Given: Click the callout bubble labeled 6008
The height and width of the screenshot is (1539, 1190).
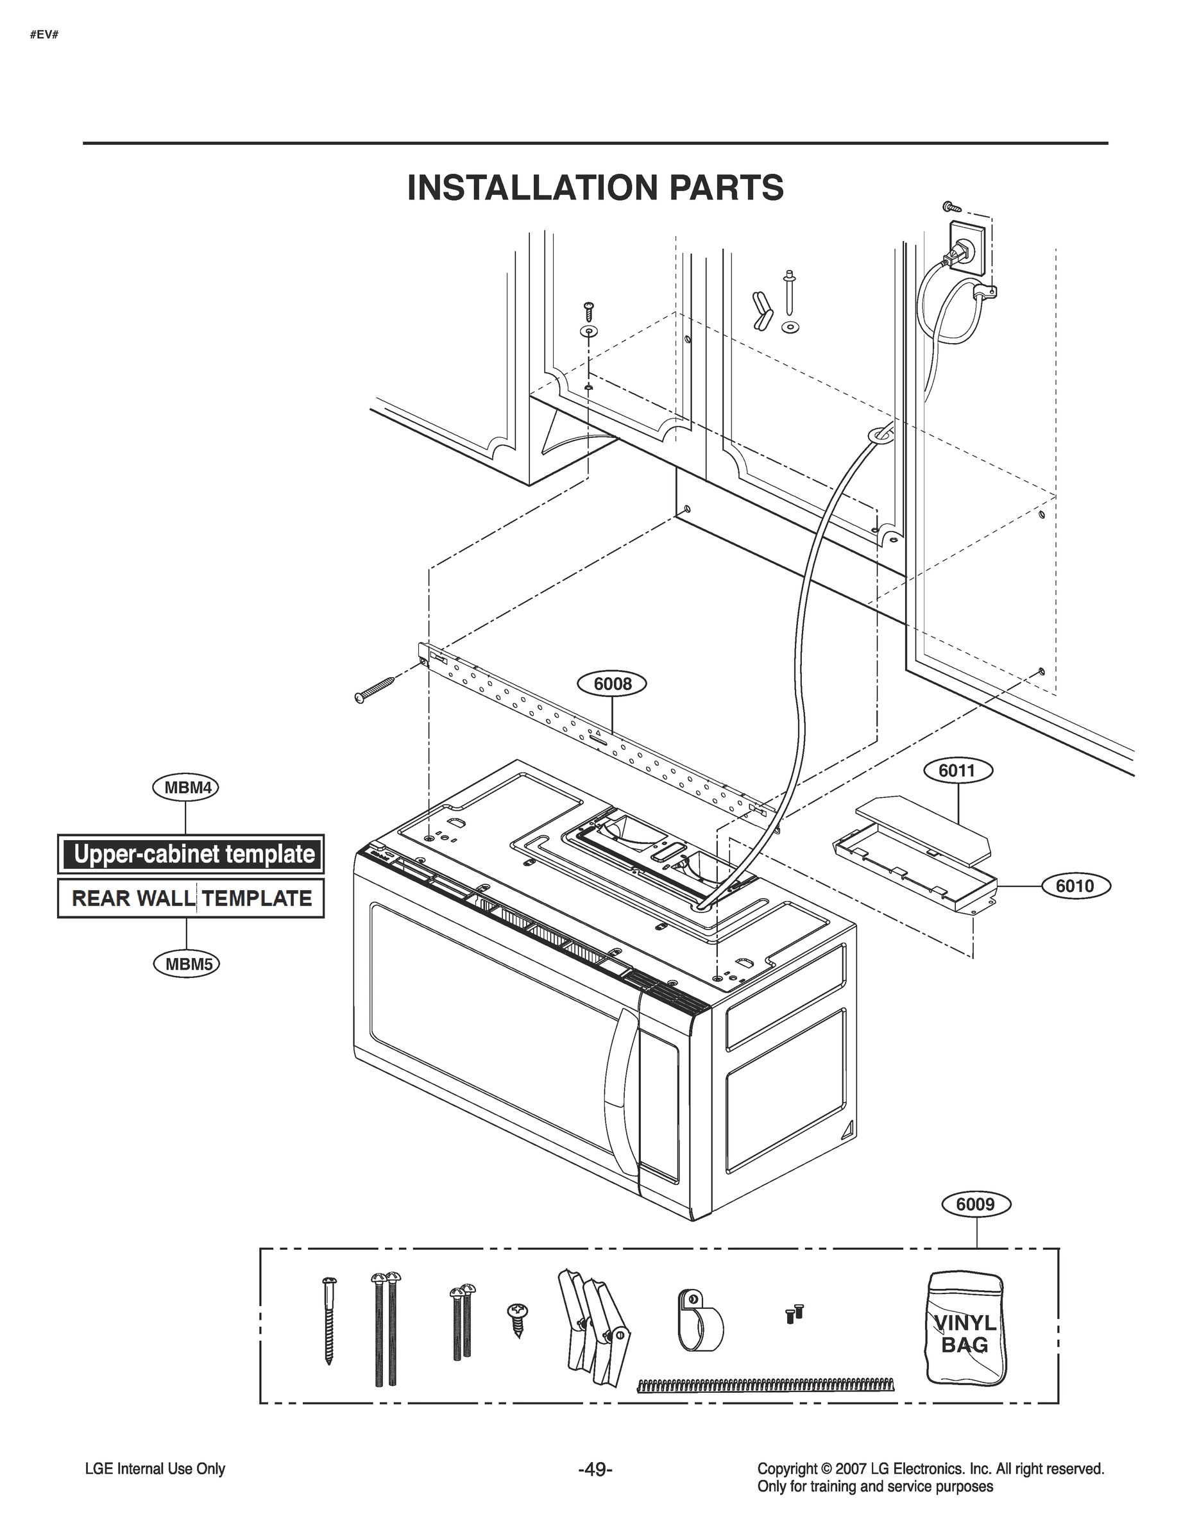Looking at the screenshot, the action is [x=612, y=684].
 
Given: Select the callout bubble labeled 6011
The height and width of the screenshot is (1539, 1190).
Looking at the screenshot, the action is [x=956, y=771].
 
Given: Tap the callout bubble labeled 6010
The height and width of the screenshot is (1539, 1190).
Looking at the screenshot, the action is [x=1075, y=886].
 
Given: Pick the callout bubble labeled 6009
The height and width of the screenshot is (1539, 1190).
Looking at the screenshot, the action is [x=976, y=1204].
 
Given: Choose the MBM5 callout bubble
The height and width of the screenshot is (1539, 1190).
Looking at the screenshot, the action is [x=187, y=963].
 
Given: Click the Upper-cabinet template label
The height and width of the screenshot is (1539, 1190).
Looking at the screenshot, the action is [x=191, y=854].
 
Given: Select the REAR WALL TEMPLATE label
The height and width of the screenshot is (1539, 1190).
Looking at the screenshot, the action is [x=191, y=898].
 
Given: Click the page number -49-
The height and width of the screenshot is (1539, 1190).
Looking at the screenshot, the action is [x=595, y=1469].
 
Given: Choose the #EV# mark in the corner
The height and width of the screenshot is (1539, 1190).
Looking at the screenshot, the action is [x=44, y=35].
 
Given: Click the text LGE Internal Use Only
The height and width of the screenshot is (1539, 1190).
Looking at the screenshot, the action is [x=155, y=1469].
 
